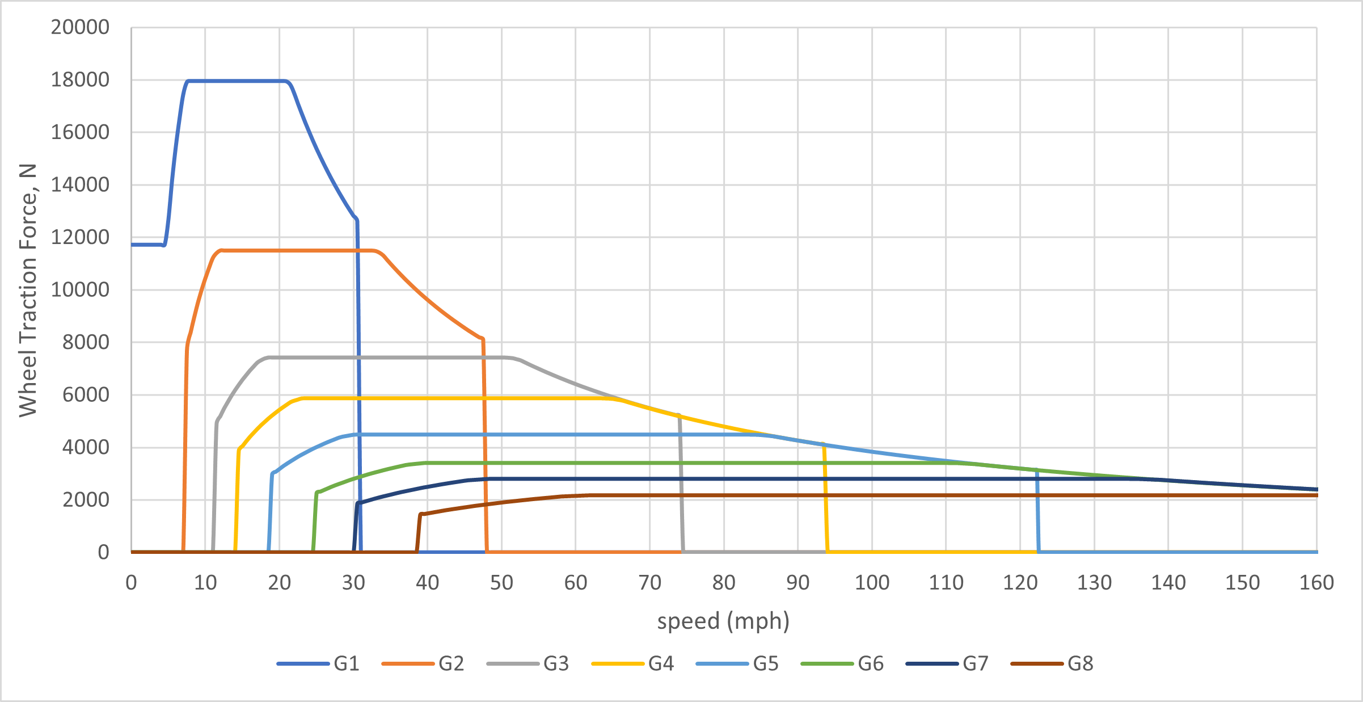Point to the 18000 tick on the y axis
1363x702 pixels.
point(80,80)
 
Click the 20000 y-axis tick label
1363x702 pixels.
point(80,27)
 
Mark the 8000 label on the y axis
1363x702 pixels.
point(86,342)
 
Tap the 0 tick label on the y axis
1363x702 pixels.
point(103,552)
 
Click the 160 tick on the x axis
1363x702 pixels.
point(1316,583)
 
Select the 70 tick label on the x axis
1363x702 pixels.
point(649,583)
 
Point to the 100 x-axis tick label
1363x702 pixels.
point(872,583)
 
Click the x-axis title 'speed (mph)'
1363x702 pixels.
point(723,621)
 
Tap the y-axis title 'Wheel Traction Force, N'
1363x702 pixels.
point(28,290)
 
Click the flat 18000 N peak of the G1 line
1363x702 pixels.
point(235,81)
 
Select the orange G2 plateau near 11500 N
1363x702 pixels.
point(295,250)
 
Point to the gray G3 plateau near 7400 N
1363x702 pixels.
point(386,358)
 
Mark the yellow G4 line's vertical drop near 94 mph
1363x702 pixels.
point(826,499)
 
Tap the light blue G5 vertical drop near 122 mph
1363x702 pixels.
point(1037,511)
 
